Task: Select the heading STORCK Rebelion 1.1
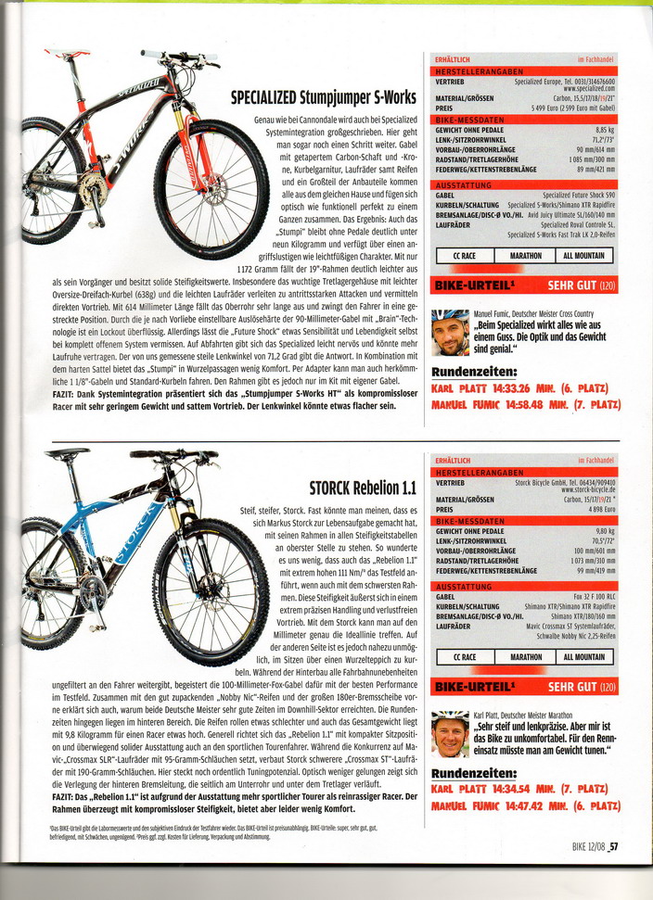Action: (x=363, y=488)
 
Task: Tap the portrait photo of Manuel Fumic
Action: (x=451, y=333)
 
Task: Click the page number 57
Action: (x=614, y=844)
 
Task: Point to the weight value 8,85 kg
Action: (x=604, y=130)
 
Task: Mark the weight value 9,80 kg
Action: (x=604, y=530)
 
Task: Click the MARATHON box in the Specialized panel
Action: (x=525, y=255)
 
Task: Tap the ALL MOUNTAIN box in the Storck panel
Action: (x=583, y=657)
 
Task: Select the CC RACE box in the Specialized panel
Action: (x=466, y=255)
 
